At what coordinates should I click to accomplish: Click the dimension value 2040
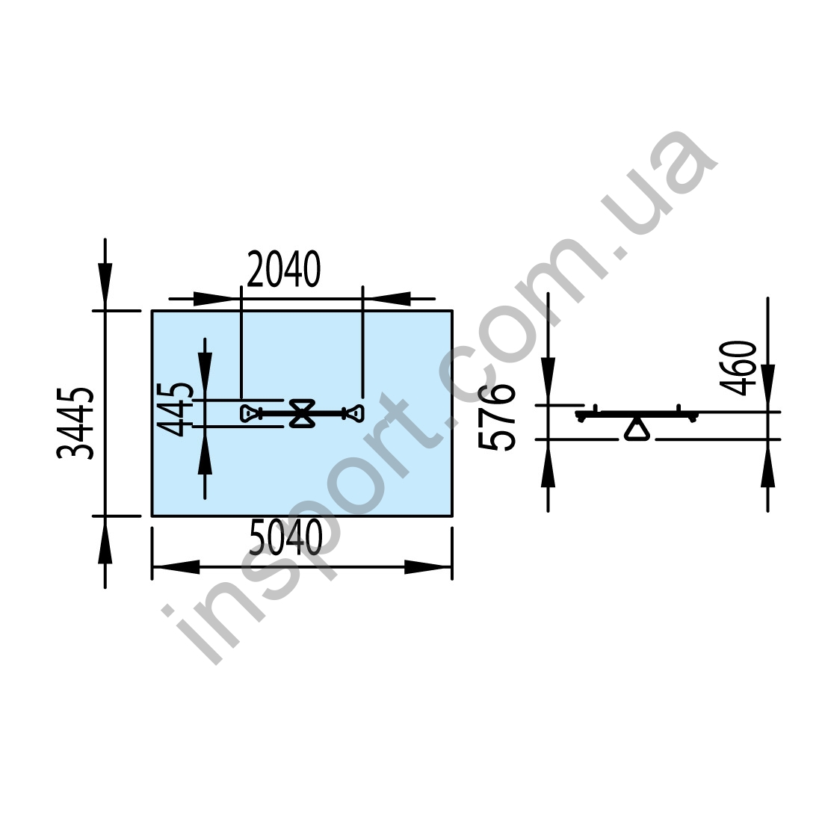pyautogui.click(x=283, y=270)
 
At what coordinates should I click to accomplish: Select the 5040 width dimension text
pyautogui.click(x=285, y=537)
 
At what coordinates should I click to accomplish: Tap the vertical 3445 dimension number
pyautogui.click(x=75, y=424)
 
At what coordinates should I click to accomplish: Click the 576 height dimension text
pyautogui.click(x=496, y=417)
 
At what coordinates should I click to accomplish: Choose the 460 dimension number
pyautogui.click(x=738, y=368)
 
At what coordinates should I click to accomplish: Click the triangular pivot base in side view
pyautogui.click(x=637, y=429)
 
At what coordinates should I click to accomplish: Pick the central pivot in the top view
pyautogui.click(x=303, y=413)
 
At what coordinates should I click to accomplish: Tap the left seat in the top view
pyautogui.click(x=251, y=414)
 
